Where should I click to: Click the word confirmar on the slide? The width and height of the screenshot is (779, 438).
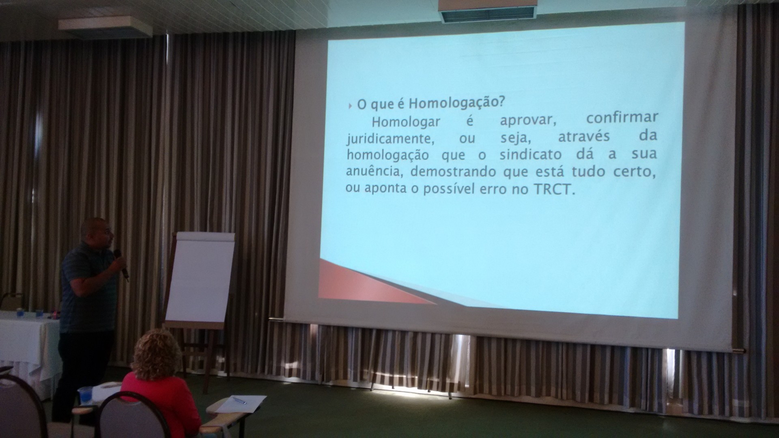pos(622,118)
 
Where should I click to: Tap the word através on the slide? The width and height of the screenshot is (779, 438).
pos(583,136)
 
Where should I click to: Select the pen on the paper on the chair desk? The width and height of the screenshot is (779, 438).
pos(239,400)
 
